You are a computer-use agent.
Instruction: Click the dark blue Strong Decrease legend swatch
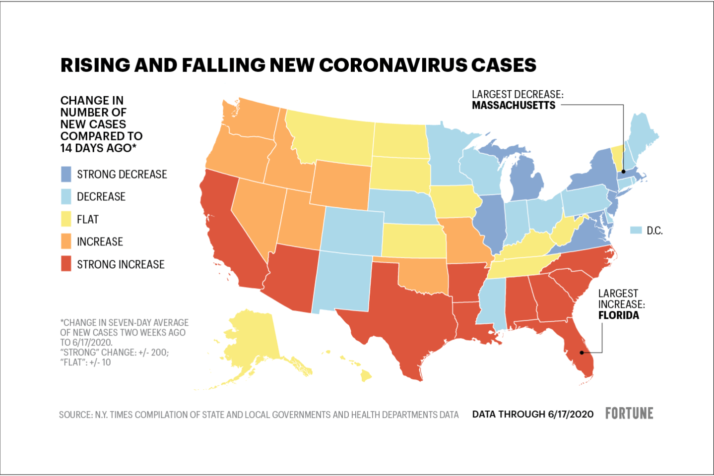pyautogui.click(x=66, y=174)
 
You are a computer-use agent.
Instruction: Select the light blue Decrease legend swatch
pyautogui.click(x=66, y=197)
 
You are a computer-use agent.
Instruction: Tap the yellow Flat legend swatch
pyautogui.click(x=66, y=219)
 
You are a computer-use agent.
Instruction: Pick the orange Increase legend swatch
pyautogui.click(x=66, y=241)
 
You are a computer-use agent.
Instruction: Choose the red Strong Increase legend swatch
pyautogui.click(x=66, y=264)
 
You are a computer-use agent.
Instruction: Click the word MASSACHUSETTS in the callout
pyautogui.click(x=513, y=105)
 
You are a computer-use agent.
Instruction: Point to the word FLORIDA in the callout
pyautogui.click(x=618, y=315)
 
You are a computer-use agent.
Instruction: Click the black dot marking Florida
pyautogui.click(x=582, y=353)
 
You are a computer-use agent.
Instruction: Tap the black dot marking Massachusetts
pyautogui.click(x=624, y=171)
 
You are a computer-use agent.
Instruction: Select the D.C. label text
pyautogui.click(x=654, y=231)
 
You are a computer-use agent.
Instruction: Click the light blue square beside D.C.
pyautogui.click(x=636, y=230)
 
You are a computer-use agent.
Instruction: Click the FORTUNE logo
pyautogui.click(x=629, y=414)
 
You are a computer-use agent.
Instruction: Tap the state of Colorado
pyautogui.click(x=352, y=231)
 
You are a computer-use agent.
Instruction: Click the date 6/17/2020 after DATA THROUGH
pyautogui.click(x=571, y=415)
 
